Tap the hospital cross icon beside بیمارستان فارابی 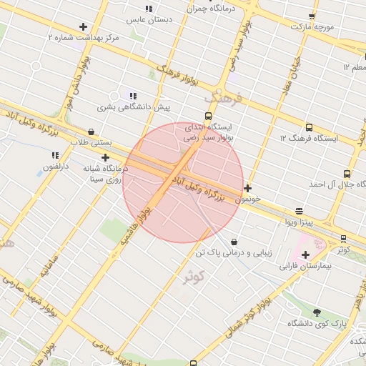click(306, 254)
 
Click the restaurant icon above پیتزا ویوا click(299, 211)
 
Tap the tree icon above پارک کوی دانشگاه click(317, 312)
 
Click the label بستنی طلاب click(91, 142)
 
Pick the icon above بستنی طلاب click(91, 132)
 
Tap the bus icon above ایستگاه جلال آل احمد click(347, 174)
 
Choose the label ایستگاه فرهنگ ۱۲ click(308, 137)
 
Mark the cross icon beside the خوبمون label click(247, 189)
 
